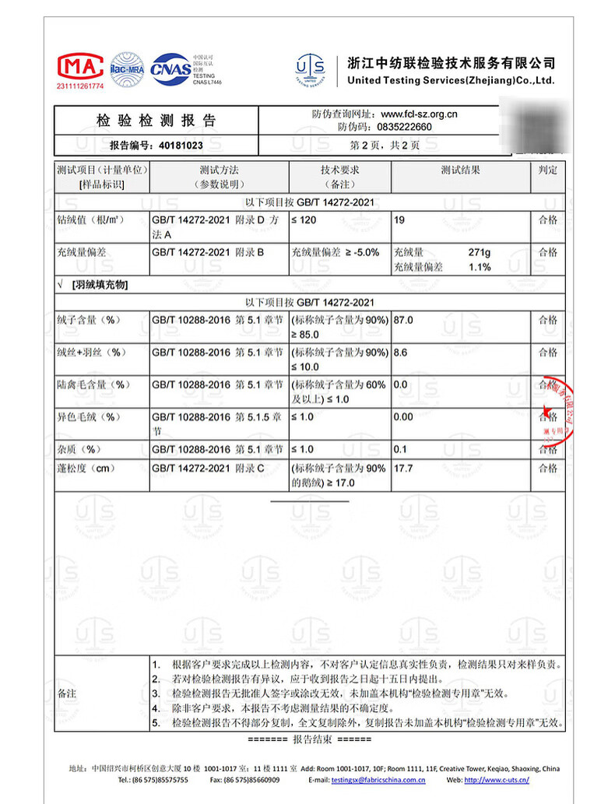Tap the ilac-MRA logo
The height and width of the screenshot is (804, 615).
click(127, 68)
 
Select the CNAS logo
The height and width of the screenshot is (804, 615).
click(170, 68)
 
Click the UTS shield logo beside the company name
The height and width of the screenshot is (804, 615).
click(310, 69)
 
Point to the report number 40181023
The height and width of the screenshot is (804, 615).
click(181, 145)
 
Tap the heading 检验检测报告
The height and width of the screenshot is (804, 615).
click(156, 121)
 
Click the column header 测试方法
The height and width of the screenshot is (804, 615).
click(219, 170)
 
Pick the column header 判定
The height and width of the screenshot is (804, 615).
click(548, 170)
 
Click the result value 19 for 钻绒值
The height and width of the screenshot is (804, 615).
click(399, 220)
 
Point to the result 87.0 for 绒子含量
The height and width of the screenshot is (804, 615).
click(404, 320)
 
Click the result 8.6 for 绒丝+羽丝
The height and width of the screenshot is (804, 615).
click(401, 353)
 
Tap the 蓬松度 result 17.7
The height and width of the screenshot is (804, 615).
click(404, 469)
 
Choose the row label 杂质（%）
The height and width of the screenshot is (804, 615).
click(80, 449)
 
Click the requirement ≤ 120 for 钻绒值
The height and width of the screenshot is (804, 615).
click(304, 220)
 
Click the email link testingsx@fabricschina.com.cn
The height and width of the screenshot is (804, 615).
click(378, 779)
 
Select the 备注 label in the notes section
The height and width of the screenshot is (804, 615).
click(68, 693)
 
